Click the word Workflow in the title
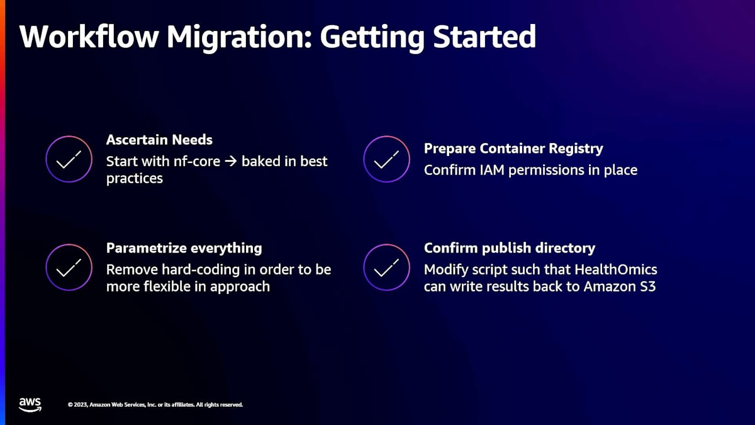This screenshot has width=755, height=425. click(89, 37)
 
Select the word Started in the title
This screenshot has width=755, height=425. click(484, 37)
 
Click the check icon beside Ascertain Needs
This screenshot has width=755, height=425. click(69, 159)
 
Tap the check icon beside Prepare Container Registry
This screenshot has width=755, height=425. click(386, 159)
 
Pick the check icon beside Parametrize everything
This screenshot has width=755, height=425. click(69, 268)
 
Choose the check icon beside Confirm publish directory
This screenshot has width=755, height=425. click(386, 268)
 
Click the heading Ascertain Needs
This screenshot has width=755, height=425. click(159, 140)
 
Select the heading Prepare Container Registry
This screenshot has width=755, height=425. click(513, 149)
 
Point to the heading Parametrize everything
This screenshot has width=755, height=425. click(184, 249)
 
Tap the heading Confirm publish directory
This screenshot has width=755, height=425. click(510, 249)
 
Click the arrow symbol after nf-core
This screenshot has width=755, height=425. click(231, 162)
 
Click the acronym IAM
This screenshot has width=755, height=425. click(493, 170)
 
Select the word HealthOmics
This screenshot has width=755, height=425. click(616, 269)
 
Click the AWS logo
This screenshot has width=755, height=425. click(30, 405)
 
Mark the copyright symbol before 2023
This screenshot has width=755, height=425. click(70, 405)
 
